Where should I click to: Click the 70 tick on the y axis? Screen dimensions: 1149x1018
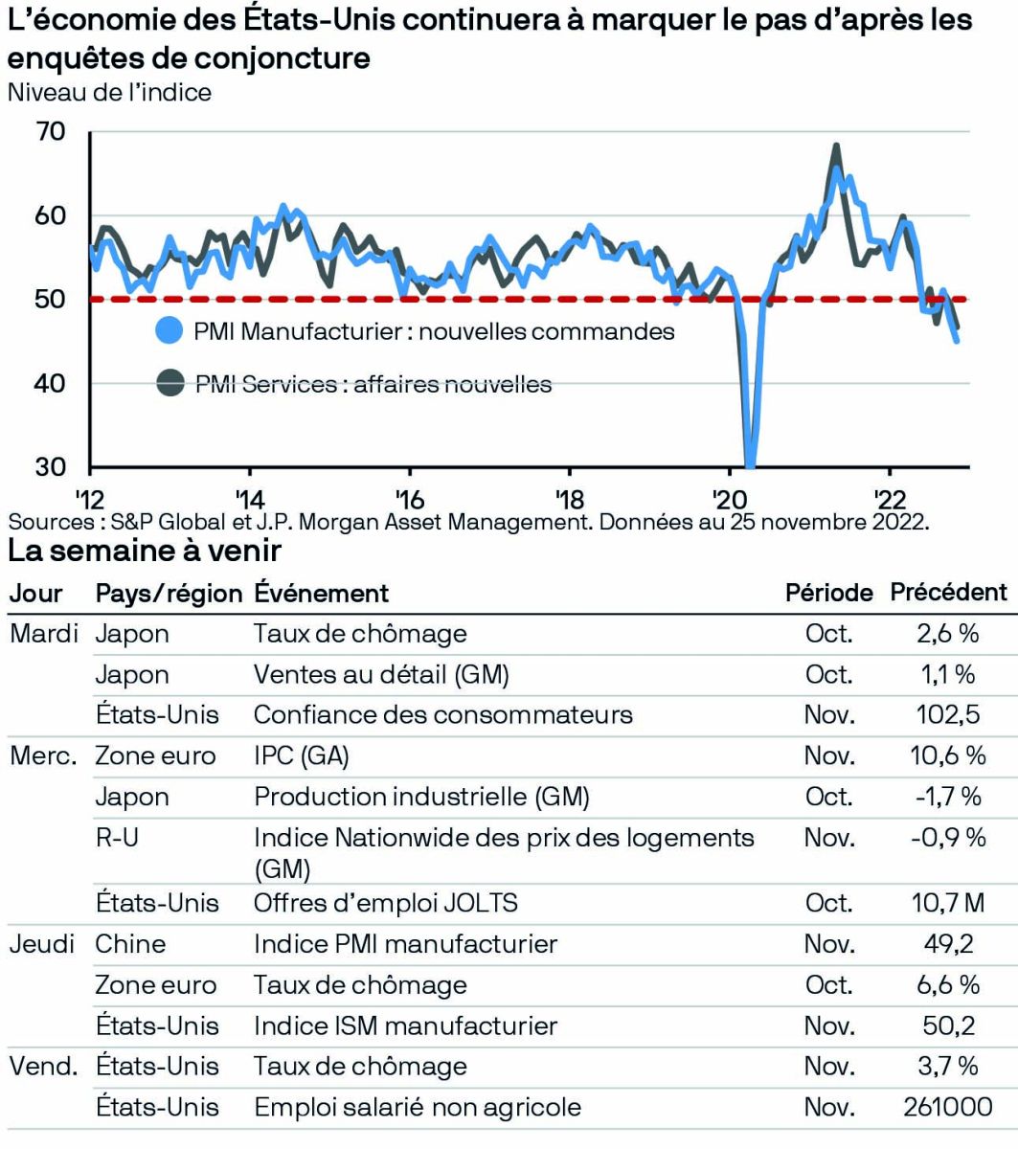(x=51, y=131)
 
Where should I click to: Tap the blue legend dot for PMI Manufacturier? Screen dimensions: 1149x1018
(x=169, y=331)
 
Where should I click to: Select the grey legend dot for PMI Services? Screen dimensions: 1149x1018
(x=169, y=384)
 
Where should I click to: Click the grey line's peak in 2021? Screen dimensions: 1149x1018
(x=836, y=146)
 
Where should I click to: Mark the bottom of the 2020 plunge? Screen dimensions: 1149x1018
(x=749, y=465)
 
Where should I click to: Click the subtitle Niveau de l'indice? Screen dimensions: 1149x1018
(x=109, y=93)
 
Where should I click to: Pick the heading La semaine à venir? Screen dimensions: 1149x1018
(x=145, y=552)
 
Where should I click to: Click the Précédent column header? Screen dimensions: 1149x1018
(x=948, y=593)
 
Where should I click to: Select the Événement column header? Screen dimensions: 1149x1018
(x=321, y=593)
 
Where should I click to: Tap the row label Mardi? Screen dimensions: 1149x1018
(x=44, y=634)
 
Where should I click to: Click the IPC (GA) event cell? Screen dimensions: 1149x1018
(x=301, y=756)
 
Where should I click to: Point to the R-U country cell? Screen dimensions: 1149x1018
(x=116, y=839)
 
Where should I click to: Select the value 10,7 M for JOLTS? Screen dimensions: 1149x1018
(x=948, y=903)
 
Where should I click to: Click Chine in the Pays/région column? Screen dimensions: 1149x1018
(x=129, y=944)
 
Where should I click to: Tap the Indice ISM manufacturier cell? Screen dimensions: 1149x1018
(x=405, y=1026)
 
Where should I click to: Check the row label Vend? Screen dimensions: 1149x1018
(x=43, y=1067)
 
